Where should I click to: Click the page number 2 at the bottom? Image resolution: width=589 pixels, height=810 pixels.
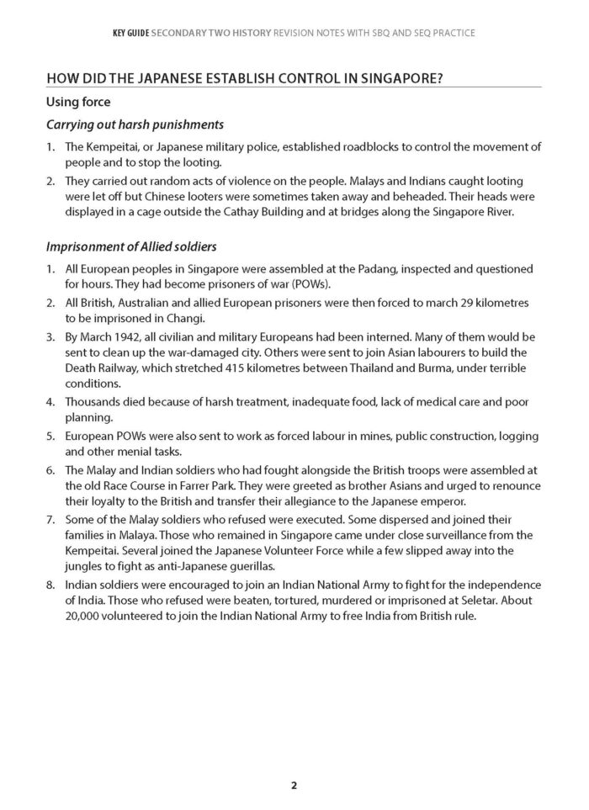(x=294, y=786)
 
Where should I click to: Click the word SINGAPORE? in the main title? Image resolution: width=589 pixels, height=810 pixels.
(x=401, y=79)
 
